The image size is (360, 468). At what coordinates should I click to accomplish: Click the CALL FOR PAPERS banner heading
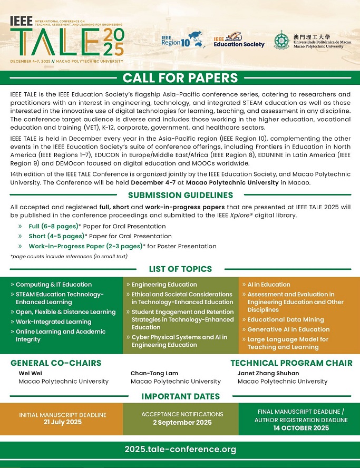[180, 79]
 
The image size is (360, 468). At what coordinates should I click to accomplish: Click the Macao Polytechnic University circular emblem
[281, 40]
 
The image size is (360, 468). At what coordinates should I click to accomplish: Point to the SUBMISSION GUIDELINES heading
[180, 195]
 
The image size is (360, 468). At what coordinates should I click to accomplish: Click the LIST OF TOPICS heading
[180, 269]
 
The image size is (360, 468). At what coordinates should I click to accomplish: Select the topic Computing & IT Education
[54, 285]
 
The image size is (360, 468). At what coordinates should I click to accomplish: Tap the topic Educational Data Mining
[286, 320]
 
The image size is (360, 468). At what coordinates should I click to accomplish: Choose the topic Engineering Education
[164, 285]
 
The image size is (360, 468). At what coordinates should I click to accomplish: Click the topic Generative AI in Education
[288, 329]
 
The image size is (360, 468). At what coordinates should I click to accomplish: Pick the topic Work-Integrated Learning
[53, 322]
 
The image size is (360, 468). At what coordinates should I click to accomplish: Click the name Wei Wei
[28, 374]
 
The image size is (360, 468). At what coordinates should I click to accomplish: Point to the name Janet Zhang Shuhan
[268, 374]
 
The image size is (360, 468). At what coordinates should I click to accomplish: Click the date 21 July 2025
[63, 423]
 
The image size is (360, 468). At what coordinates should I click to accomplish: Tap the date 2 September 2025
[182, 423]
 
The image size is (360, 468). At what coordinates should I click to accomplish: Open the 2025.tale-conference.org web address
[180, 450]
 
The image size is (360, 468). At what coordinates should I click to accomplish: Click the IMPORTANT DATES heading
[180, 396]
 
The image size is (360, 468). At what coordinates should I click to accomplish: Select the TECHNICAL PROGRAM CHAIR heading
[291, 363]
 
